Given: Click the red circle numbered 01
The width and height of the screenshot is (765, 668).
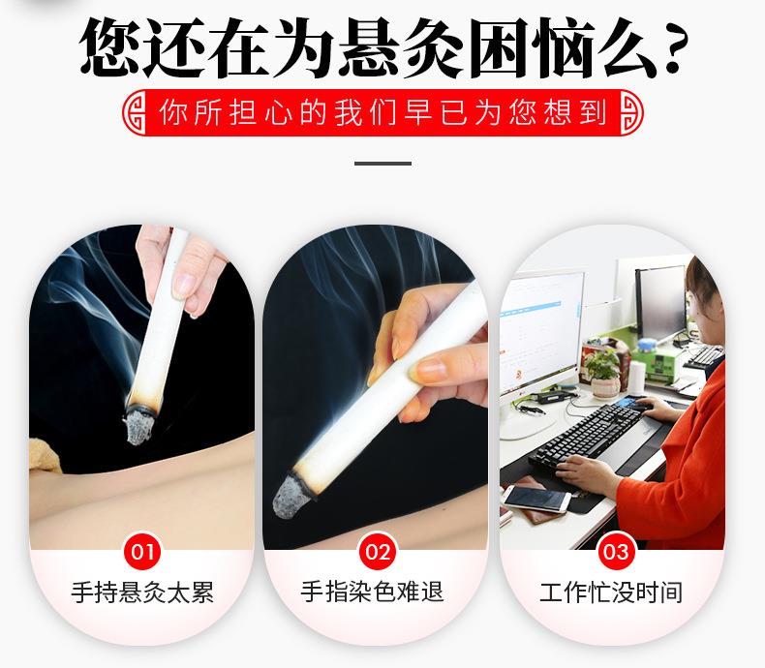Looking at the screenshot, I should point(142,554).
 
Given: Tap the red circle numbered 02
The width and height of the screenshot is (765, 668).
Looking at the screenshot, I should point(379,554).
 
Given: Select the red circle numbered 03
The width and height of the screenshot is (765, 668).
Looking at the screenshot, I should point(615,554).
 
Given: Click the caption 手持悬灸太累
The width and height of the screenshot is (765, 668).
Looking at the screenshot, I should point(142,592).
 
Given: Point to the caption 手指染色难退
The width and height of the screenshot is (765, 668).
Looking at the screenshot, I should point(379,592).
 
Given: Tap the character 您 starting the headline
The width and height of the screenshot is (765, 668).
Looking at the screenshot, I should point(114,46).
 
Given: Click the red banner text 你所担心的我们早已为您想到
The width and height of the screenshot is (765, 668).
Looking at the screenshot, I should point(382,113).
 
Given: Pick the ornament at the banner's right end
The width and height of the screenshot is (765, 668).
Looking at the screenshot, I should point(627,113).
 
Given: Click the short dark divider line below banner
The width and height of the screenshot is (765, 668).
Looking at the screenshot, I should point(382,163).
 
